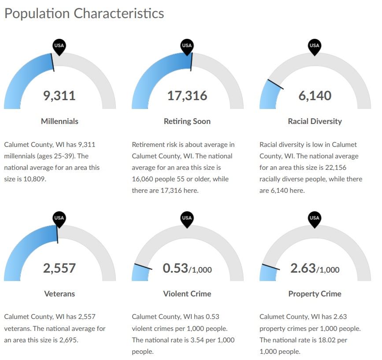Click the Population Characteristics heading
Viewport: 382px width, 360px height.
point(84,13)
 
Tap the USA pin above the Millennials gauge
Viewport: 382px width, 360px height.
point(59,46)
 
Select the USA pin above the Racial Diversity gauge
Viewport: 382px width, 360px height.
point(314,46)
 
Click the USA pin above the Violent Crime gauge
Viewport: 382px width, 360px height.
point(187,218)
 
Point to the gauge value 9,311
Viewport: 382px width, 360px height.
point(59,95)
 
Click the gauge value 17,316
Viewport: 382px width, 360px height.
point(187,95)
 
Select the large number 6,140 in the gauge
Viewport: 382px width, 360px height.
point(315,95)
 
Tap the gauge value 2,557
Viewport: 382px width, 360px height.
point(59,267)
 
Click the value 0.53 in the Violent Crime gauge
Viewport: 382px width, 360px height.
point(175,268)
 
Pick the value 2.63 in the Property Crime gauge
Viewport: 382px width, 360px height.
point(303,268)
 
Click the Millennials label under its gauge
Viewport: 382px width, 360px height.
point(59,121)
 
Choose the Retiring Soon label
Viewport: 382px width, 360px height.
point(187,121)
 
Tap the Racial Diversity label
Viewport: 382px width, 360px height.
point(315,121)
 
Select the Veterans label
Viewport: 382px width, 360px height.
point(59,293)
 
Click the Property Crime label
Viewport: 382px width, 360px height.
point(315,293)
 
